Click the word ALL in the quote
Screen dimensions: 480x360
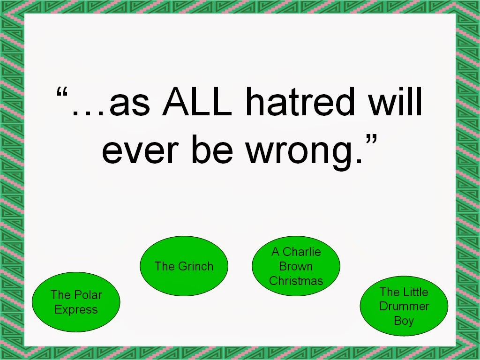tap(197, 101)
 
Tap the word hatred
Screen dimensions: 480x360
tap(300, 101)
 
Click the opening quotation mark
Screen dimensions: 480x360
tap(62, 92)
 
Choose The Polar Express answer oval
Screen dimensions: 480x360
tap(76, 302)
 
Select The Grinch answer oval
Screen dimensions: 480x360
tap(184, 266)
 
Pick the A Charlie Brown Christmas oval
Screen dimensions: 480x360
tap(296, 266)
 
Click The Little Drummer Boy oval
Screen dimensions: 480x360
tap(404, 306)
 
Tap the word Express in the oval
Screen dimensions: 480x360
tap(76, 310)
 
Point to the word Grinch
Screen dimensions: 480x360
tap(195, 266)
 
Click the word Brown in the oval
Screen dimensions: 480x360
tap(296, 266)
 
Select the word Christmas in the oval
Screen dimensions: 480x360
tap(296, 281)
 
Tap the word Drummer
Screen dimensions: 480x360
tap(404, 306)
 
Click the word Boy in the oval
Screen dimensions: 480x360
tap(404, 321)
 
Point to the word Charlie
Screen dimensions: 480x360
tap(302, 252)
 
